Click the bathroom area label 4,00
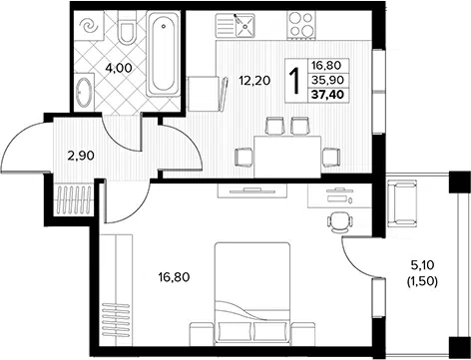click(119, 68)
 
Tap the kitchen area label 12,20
click(254, 80)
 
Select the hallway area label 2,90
click(81, 156)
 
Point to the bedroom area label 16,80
click(174, 276)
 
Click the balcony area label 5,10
click(422, 265)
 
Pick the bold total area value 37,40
click(327, 95)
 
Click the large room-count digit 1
click(295, 81)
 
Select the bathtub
click(164, 53)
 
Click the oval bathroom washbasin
click(84, 92)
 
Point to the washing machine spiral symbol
click(89, 26)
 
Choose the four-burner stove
click(301, 24)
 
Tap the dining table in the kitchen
click(287, 157)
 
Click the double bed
click(252, 293)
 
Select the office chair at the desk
click(339, 222)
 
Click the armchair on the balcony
click(402, 203)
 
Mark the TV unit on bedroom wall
click(252, 190)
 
